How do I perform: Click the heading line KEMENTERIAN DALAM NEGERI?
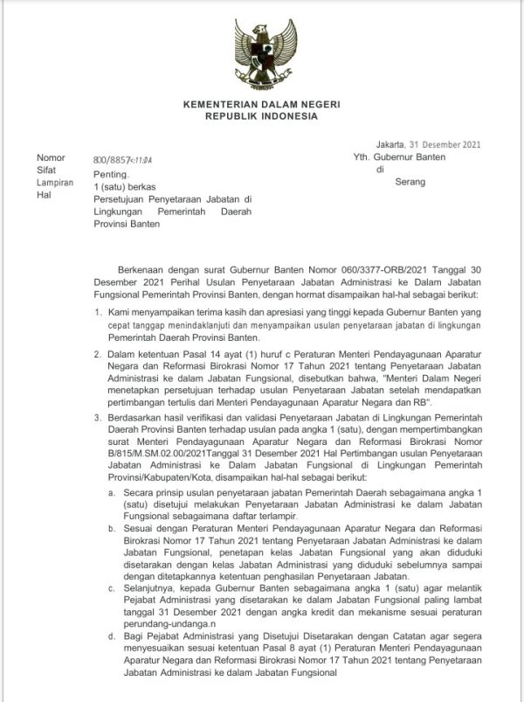tap(261, 104)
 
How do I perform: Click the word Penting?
tap(110, 175)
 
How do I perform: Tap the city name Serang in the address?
tap(410, 183)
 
